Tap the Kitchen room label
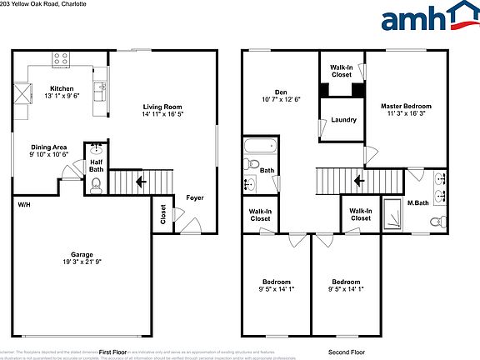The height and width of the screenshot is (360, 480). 62,87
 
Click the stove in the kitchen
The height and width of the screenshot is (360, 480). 61,59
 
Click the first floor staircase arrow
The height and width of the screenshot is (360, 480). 139,180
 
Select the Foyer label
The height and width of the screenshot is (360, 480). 195,197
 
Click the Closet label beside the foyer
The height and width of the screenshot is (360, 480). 162,214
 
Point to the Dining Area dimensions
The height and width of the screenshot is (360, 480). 47,154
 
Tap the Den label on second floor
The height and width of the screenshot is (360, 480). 281,92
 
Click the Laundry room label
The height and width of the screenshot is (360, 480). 343,120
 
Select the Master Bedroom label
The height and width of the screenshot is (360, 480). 406,107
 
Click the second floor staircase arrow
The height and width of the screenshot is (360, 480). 359,180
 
